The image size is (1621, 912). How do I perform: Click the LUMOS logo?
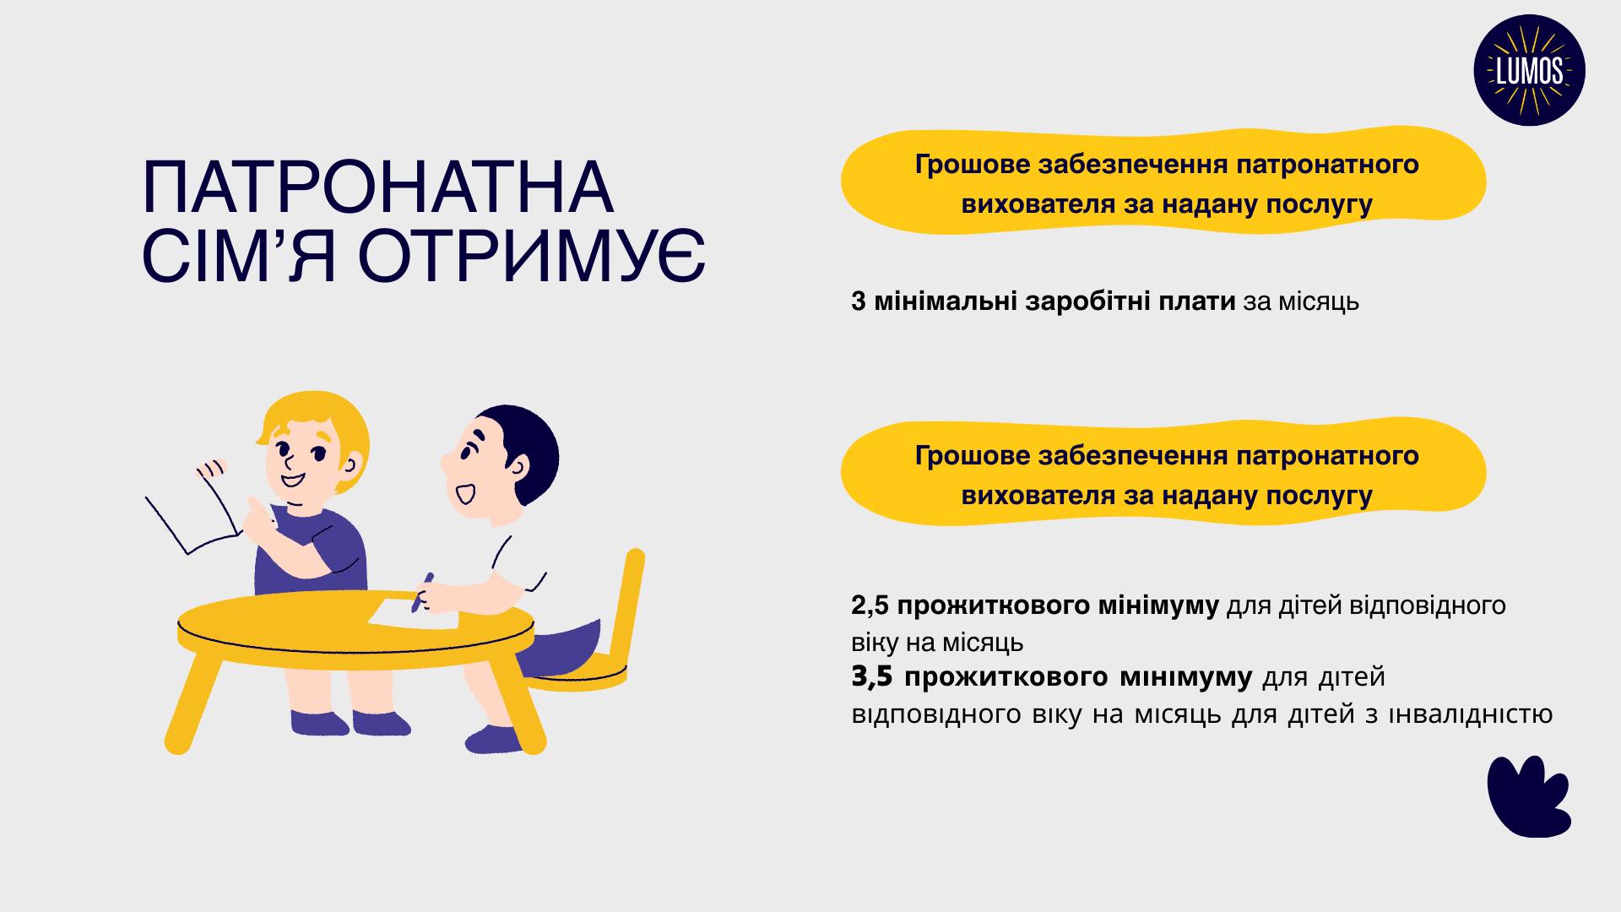(x=1529, y=71)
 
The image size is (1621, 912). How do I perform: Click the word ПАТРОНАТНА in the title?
(x=377, y=187)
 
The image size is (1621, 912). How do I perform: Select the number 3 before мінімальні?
(x=859, y=301)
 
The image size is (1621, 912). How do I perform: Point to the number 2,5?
(x=870, y=606)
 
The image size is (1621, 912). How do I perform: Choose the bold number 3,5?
(x=872, y=677)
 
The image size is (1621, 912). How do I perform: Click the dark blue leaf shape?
(x=1528, y=796)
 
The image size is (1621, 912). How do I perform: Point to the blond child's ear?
(x=352, y=462)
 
